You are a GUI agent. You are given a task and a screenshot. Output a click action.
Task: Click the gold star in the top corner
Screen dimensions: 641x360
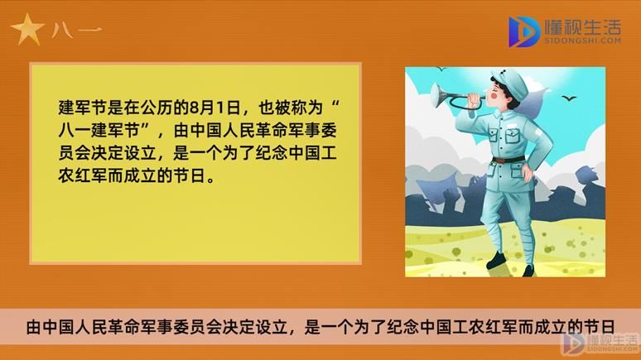click(x=27, y=30)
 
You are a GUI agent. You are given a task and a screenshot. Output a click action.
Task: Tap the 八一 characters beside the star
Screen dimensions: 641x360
click(x=77, y=31)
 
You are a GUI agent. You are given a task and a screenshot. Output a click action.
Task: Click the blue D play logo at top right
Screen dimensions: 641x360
click(x=523, y=32)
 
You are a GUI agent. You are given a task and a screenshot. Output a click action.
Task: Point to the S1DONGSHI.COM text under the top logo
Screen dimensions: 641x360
click(x=582, y=41)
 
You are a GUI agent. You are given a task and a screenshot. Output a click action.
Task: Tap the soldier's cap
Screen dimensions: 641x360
click(x=512, y=82)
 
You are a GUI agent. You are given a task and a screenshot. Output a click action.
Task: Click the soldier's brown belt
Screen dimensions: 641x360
click(x=508, y=159)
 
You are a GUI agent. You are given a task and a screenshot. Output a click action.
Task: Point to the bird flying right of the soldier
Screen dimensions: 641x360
click(x=569, y=98)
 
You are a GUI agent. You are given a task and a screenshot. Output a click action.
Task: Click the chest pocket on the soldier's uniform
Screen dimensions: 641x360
click(x=513, y=136)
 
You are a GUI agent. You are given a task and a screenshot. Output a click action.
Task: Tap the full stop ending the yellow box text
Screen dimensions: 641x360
click(x=211, y=180)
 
